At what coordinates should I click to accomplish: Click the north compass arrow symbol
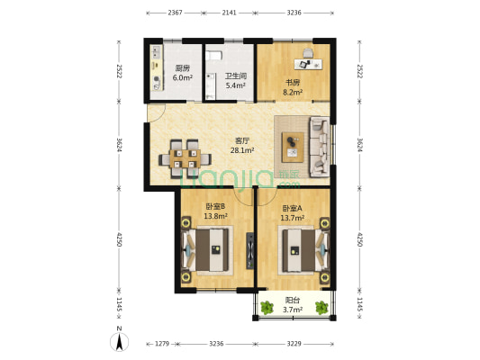120,341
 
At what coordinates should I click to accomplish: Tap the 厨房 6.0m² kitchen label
183,73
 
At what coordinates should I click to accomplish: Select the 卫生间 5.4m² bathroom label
236,81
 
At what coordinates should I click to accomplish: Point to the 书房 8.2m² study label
293,87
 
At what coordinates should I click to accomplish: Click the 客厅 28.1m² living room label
242,145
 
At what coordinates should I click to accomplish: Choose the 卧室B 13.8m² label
215,211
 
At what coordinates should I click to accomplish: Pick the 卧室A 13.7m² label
293,213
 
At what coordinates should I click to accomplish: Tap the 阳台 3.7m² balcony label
293,305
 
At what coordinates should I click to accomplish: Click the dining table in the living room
185,158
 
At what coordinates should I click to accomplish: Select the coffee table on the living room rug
293,147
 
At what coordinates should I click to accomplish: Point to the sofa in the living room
320,147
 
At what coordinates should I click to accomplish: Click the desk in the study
308,64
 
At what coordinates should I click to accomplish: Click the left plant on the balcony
267,308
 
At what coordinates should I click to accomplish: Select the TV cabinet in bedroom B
250,251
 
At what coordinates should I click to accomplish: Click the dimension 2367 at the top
175,13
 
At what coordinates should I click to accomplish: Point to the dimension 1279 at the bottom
162,344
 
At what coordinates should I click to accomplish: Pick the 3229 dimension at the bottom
294,344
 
